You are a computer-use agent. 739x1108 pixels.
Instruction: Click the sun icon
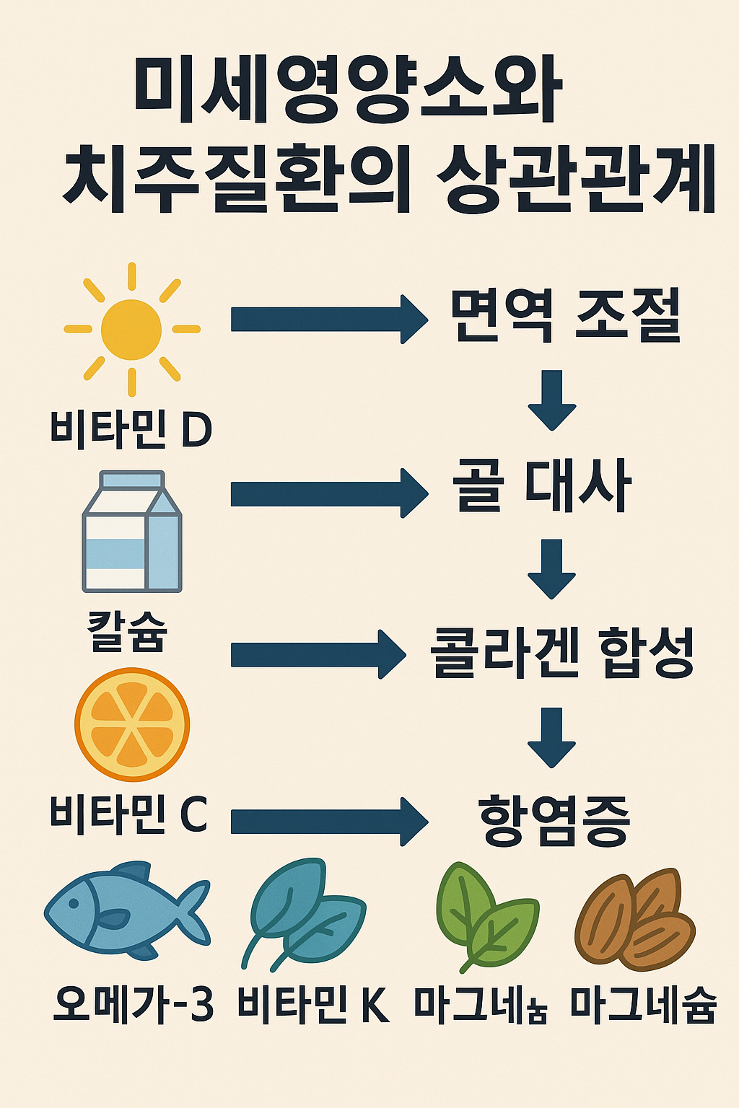point(131,330)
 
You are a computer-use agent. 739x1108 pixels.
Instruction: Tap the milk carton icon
point(132,532)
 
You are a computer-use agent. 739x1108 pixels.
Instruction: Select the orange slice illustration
point(132,724)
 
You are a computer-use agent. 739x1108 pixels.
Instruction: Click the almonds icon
point(635,918)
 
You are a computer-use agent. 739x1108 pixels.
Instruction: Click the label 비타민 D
point(131,428)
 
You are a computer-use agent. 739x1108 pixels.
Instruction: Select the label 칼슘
point(127,631)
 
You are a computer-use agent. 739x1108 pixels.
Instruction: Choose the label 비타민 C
point(128,814)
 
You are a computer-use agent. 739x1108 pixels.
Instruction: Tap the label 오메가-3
point(134,1003)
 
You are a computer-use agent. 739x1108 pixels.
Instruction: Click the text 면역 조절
point(565,315)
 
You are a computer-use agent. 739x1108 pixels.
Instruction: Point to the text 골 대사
point(542,485)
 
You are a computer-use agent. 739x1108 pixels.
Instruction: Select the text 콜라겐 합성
point(561,653)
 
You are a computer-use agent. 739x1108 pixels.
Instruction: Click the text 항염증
point(554,820)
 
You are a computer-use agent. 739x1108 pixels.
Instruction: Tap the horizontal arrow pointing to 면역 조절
point(328,319)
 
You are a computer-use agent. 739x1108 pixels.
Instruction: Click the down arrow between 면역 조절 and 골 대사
point(552,400)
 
